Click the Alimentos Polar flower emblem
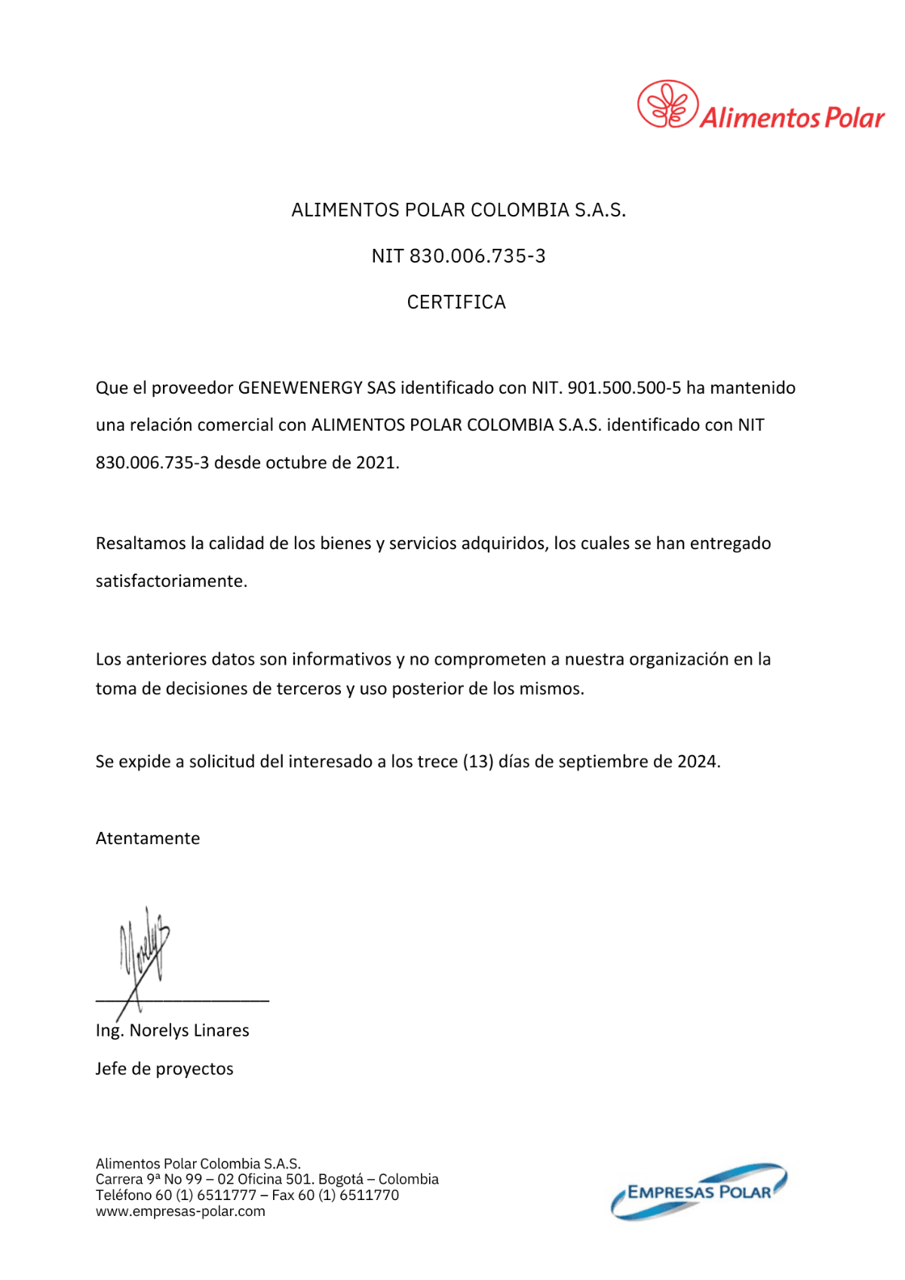click(667, 104)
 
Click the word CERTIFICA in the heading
click(456, 302)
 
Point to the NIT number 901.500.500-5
click(624, 388)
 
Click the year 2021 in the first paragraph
click(375, 462)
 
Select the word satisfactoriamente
click(170, 581)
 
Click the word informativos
click(342, 659)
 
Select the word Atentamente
click(148, 839)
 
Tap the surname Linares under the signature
click(221, 1030)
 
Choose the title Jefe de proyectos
click(164, 1069)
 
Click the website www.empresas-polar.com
click(180, 1211)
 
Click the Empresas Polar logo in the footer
click(699, 1191)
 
